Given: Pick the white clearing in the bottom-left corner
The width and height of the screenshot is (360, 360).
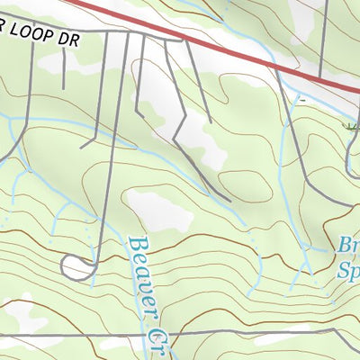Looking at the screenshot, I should coord(22,315).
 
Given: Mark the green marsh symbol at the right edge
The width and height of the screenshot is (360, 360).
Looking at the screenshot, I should coord(353,127).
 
